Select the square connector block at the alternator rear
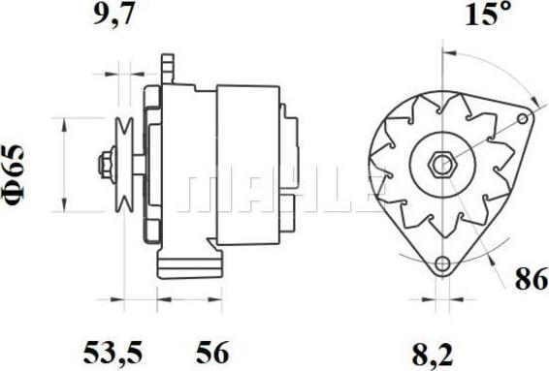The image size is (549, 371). click(x=292, y=201)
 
